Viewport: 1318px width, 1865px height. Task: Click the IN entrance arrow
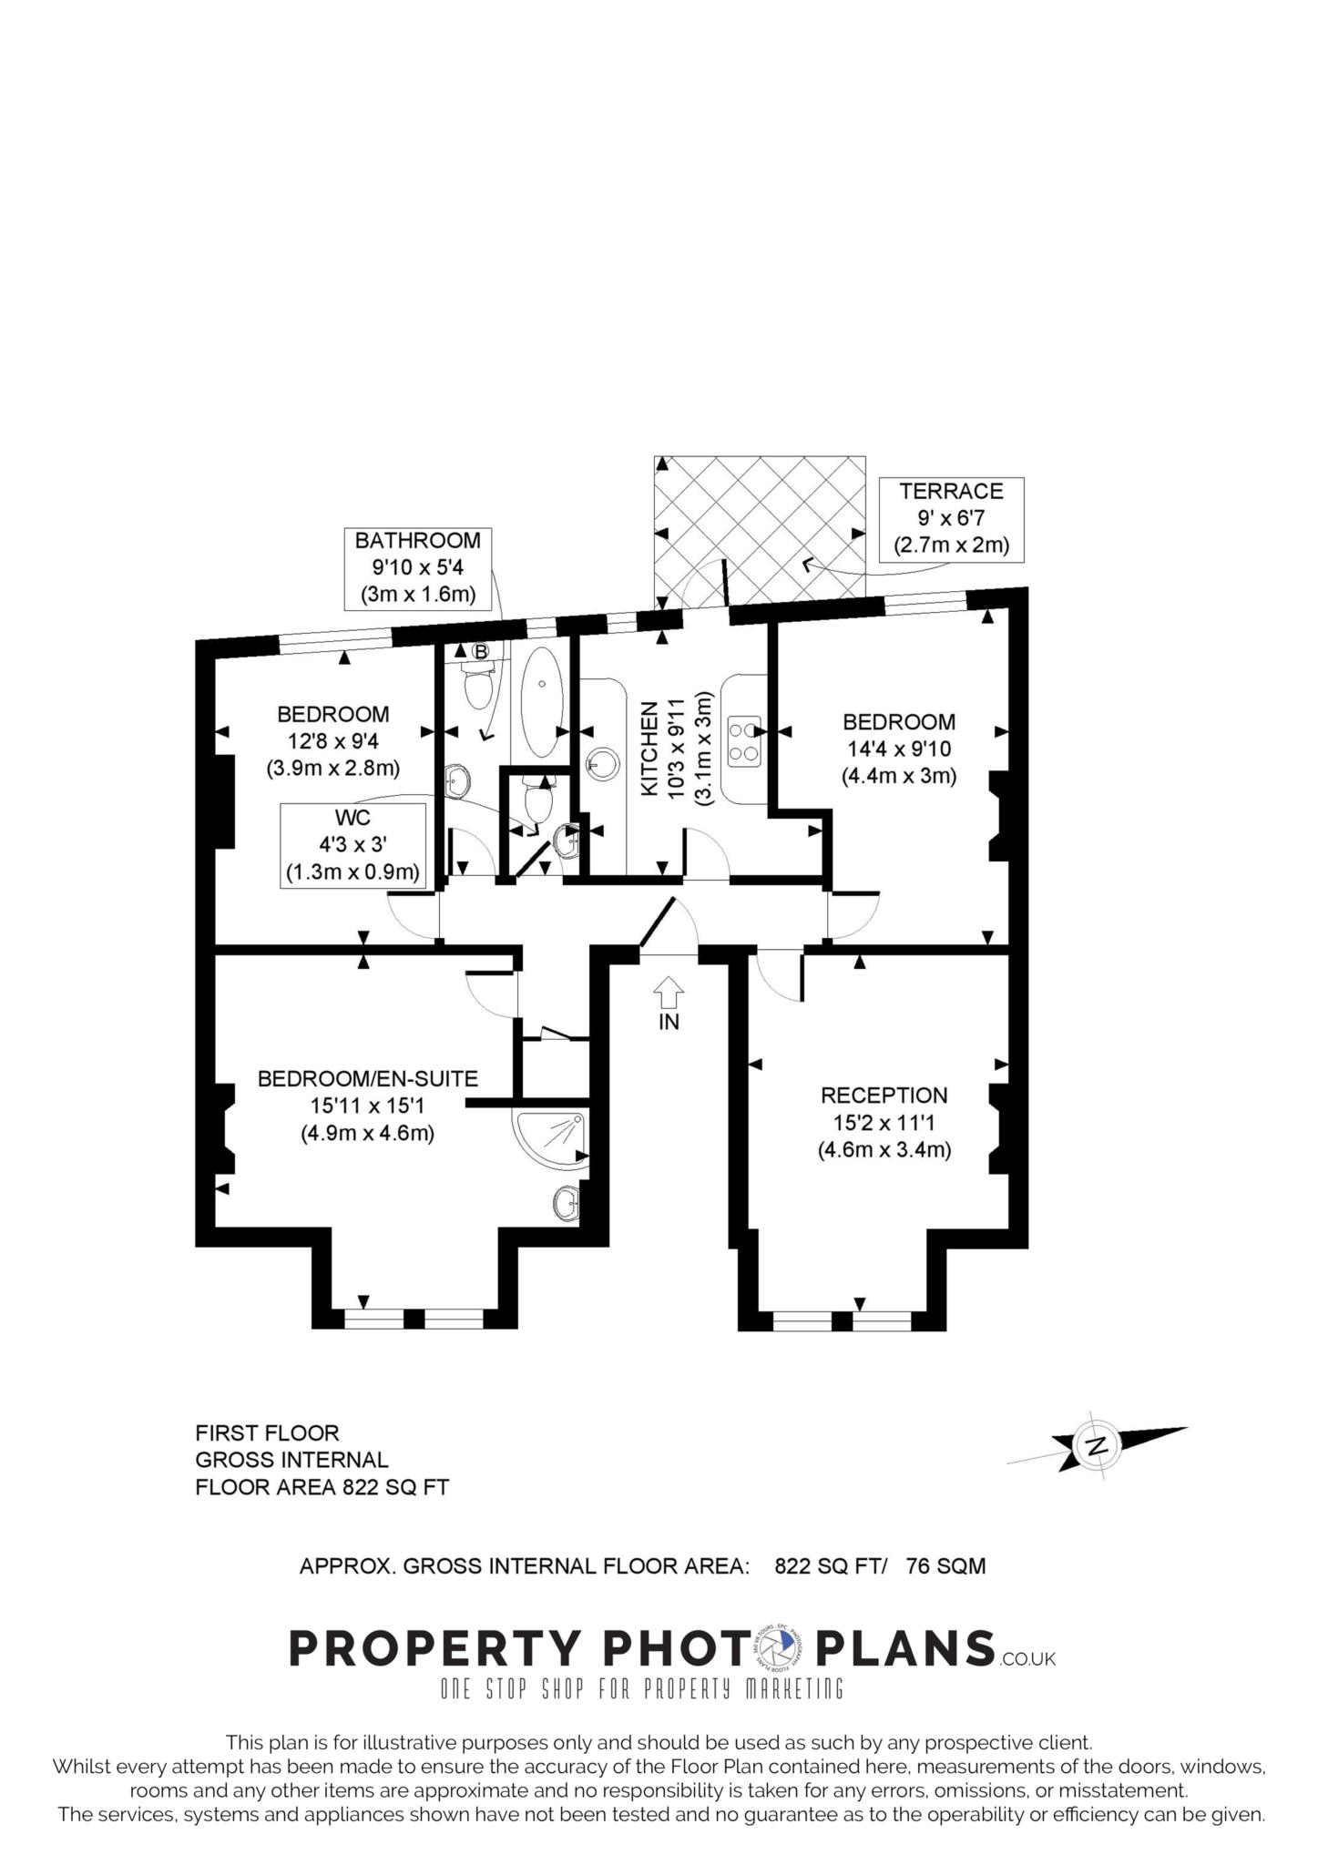coord(669,990)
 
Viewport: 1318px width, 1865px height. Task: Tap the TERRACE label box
coord(951,519)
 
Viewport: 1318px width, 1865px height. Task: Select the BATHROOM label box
coord(417,568)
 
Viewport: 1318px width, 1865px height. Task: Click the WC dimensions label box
coord(352,845)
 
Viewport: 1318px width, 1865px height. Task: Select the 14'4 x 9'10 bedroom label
coord(898,749)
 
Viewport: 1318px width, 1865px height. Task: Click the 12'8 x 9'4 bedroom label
coord(333,741)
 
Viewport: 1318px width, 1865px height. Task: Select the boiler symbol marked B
coord(480,651)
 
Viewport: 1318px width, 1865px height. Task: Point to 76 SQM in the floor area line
coord(945,1566)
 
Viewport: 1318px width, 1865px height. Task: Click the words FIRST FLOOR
coord(267,1432)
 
